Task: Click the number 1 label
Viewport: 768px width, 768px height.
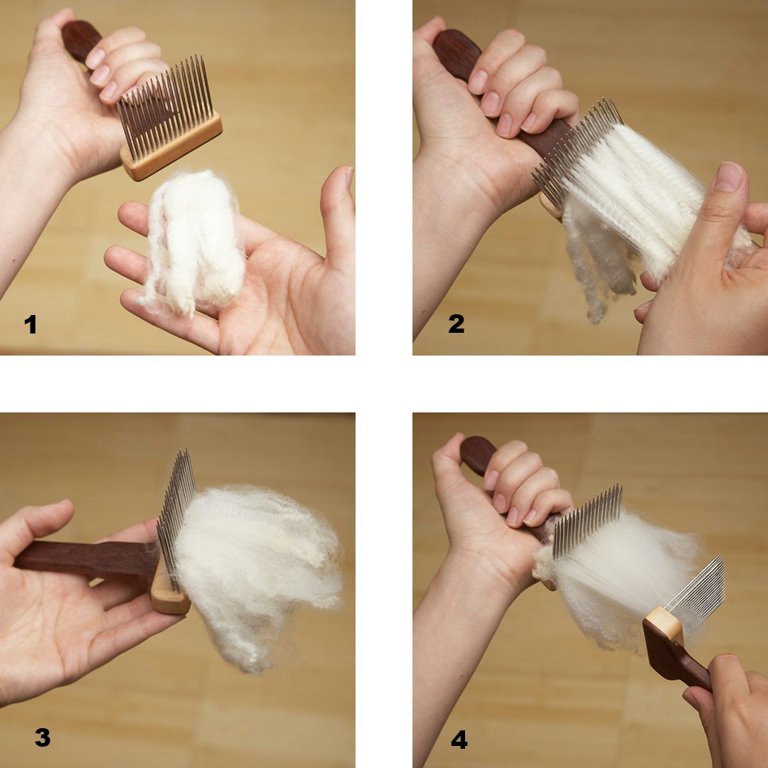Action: tap(30, 325)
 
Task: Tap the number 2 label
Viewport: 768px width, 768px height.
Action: tap(457, 324)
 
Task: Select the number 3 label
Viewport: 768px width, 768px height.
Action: tap(43, 737)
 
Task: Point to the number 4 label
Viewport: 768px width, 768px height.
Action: tap(459, 740)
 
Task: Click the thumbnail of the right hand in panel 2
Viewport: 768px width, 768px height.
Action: tap(729, 177)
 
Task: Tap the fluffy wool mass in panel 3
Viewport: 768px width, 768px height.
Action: tap(256, 562)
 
